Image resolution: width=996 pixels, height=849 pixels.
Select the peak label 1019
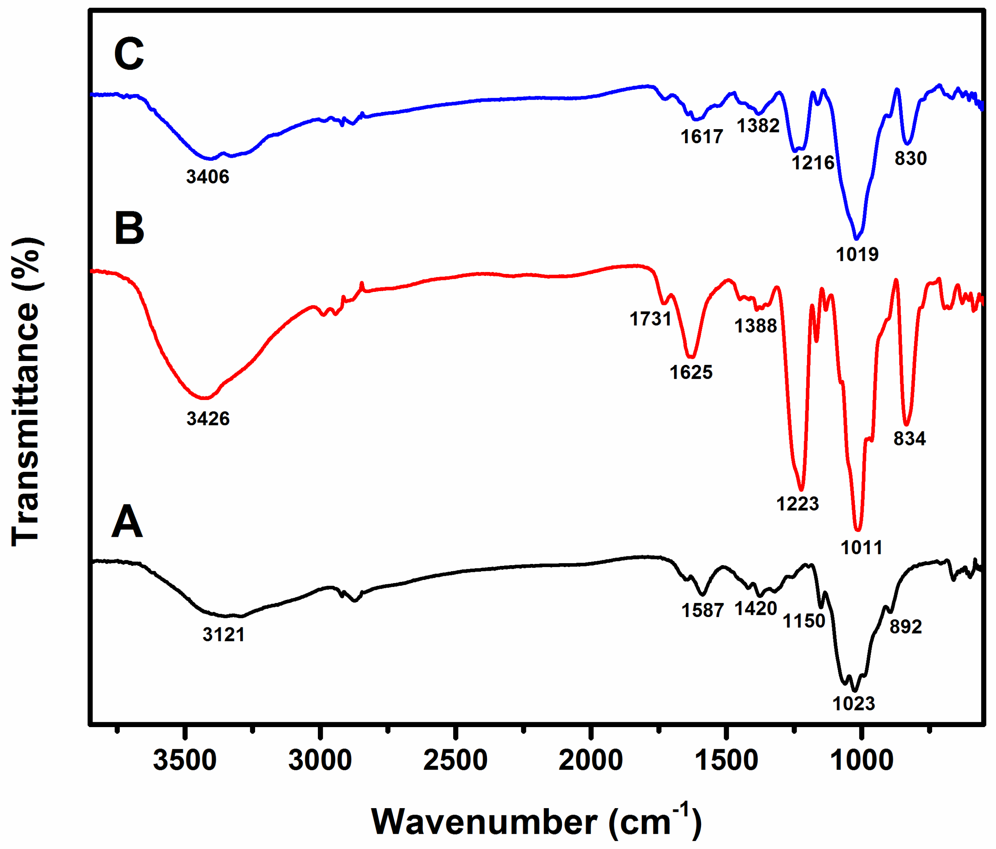coord(857,254)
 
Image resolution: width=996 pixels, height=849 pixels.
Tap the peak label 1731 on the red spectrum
coord(650,319)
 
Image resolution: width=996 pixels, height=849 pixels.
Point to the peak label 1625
coord(691,372)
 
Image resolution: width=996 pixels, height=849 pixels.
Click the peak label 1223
coord(797,504)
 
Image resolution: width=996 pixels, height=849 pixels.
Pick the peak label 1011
coord(861,548)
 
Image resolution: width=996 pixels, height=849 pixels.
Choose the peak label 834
coord(910,438)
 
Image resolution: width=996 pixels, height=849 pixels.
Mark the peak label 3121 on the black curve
coord(223,635)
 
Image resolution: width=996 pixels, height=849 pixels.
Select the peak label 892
coord(906,627)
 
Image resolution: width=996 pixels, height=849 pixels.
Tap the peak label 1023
coord(854,703)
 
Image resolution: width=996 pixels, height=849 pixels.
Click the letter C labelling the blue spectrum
coord(129,54)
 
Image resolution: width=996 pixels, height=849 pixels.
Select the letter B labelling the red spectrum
coord(129,228)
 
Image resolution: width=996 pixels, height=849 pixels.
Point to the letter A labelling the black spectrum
coord(127,522)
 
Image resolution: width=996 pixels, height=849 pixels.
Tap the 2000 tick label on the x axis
coord(591,761)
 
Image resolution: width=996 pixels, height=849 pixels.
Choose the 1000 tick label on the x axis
coord(861,761)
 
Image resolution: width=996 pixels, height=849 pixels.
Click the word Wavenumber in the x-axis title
coord(484,822)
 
